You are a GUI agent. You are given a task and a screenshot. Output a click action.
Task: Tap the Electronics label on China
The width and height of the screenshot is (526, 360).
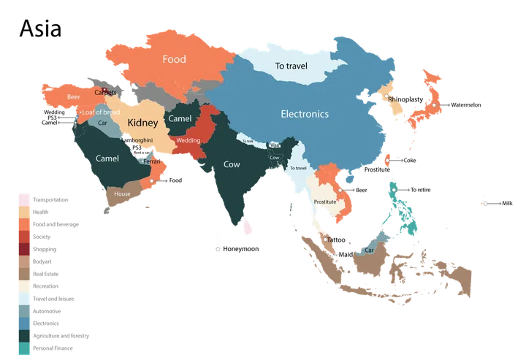[x=305, y=114]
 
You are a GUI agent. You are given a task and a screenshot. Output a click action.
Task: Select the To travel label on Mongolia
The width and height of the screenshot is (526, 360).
[x=291, y=66]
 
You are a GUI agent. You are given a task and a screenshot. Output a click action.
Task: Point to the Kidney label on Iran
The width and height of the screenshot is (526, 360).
[x=142, y=123]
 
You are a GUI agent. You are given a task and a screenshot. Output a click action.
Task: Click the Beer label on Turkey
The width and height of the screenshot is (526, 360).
[x=73, y=97]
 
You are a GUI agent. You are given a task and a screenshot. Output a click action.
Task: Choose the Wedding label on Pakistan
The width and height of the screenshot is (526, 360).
[x=188, y=140]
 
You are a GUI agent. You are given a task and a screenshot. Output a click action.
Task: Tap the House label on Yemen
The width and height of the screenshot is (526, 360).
[x=121, y=194]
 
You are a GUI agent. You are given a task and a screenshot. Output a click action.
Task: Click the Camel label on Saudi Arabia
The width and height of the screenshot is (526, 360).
[x=107, y=158]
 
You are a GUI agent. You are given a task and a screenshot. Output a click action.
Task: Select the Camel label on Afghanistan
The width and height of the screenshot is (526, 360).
[x=180, y=118]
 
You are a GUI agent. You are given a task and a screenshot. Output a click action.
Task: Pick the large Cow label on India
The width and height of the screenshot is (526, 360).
[x=231, y=165]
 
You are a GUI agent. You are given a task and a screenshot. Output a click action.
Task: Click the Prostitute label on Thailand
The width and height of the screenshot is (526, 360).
[x=324, y=202]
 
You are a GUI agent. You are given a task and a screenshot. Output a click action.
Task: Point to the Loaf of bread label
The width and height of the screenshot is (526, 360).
[x=100, y=112]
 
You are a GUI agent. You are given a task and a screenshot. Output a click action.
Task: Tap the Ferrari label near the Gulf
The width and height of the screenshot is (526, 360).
[x=152, y=161]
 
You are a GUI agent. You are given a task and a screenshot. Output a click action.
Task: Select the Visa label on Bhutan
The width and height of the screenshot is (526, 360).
[x=274, y=145]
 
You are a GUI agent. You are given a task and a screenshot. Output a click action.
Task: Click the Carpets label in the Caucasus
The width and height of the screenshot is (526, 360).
[x=104, y=93]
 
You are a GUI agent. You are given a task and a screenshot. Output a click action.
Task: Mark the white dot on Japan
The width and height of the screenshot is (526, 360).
[x=433, y=106]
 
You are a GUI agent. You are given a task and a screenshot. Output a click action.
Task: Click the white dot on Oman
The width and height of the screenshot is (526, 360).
[x=152, y=180]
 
